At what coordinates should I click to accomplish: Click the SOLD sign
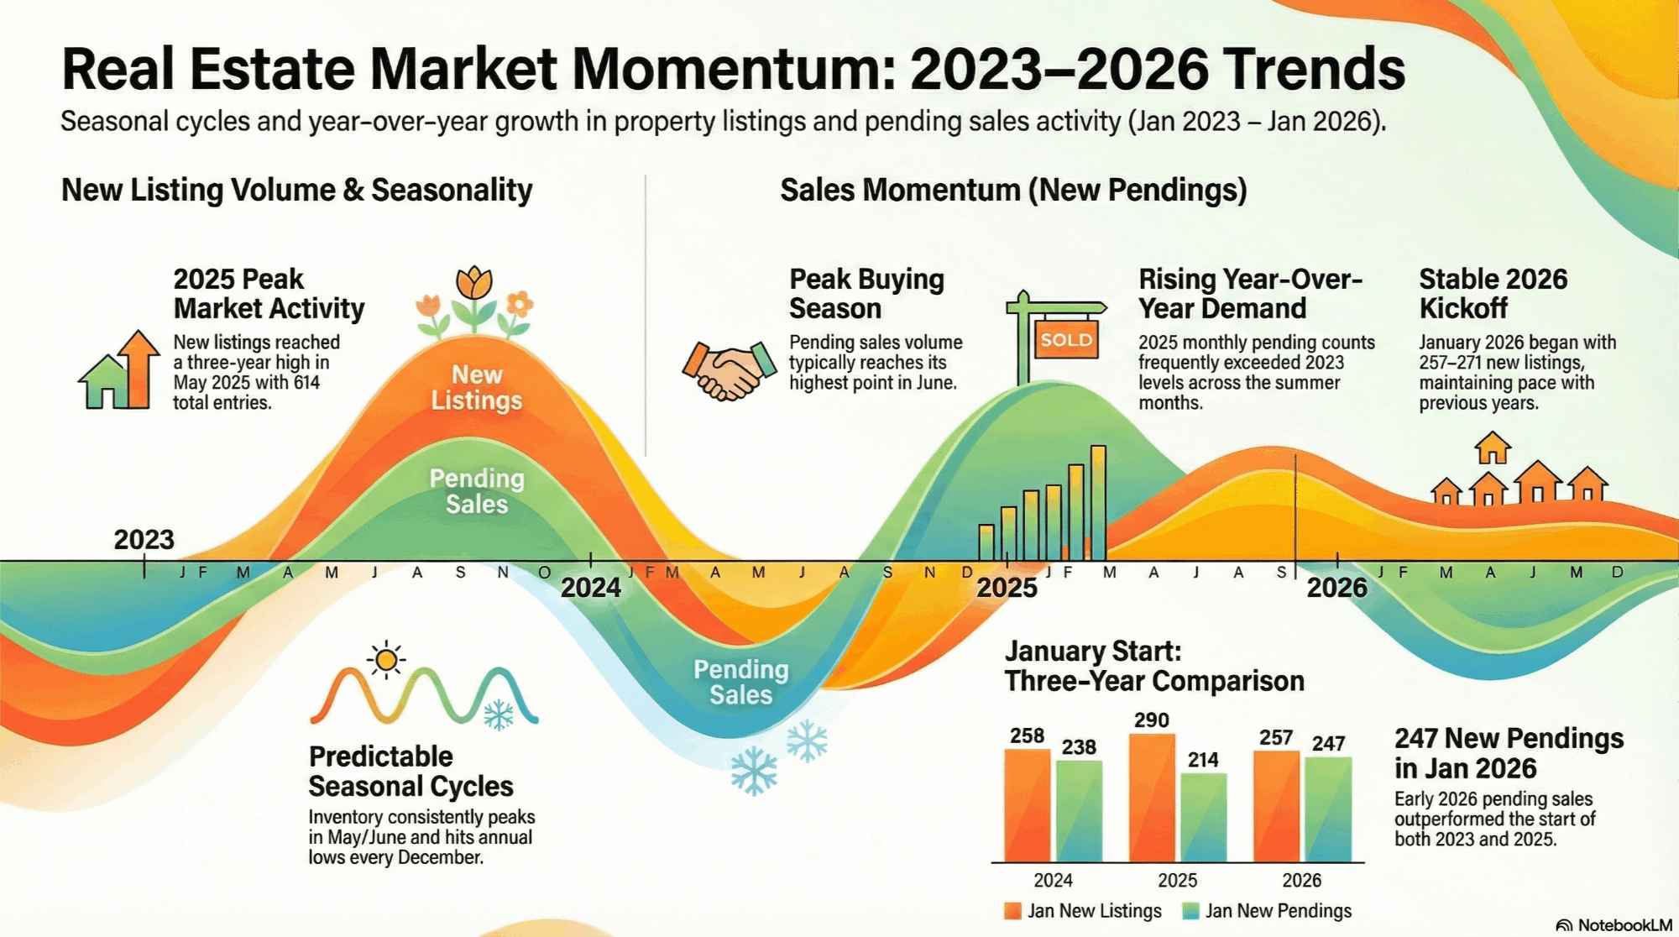click(x=1066, y=339)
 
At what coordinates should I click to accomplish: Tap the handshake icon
click(x=729, y=369)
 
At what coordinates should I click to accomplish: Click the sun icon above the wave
click(x=386, y=661)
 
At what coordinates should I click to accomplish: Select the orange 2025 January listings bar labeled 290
click(x=1152, y=798)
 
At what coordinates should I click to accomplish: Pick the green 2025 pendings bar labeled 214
click(x=1203, y=817)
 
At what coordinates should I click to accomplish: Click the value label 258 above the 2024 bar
click(x=1027, y=735)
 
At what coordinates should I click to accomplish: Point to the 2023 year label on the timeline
click(x=144, y=539)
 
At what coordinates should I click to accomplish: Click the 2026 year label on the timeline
click(x=1336, y=587)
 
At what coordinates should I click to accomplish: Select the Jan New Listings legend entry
click(x=1083, y=911)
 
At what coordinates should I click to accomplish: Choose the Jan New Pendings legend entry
click(x=1267, y=911)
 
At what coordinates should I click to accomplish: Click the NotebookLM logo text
click(x=1614, y=924)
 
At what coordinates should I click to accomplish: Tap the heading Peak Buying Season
click(x=866, y=293)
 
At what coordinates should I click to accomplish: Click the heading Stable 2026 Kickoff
click(x=1493, y=293)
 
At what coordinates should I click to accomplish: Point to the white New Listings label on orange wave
click(x=477, y=387)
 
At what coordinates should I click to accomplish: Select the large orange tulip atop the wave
click(x=474, y=284)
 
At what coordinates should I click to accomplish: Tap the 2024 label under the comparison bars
click(x=1053, y=880)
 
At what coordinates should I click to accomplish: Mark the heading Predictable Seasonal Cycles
click(x=411, y=771)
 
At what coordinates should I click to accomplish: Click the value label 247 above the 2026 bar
click(x=1329, y=743)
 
